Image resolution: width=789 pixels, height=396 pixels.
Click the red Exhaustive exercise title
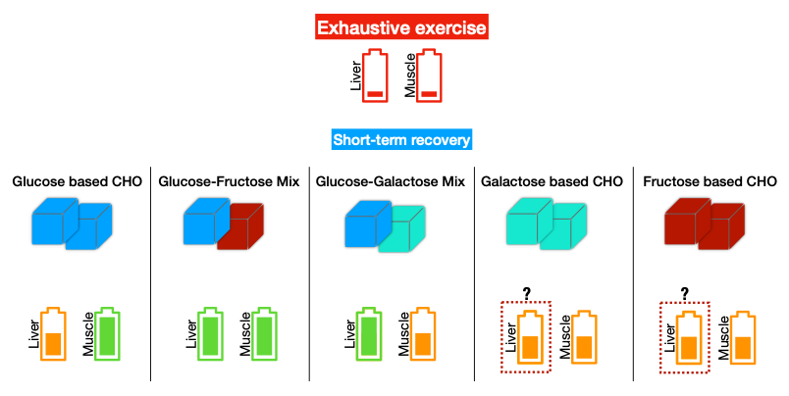pos(401,27)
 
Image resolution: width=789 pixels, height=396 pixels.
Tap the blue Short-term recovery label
pos(401,139)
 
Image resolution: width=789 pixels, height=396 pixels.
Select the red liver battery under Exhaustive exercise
pos(376,76)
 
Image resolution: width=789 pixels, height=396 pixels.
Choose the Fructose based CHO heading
pos(709,181)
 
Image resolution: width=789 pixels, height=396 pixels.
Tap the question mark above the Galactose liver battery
pos(526,293)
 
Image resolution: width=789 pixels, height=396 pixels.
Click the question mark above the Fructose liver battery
pos(684,293)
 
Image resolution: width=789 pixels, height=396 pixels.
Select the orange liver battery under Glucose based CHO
pos(53,335)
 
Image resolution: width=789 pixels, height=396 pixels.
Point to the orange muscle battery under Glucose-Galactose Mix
pos(423,335)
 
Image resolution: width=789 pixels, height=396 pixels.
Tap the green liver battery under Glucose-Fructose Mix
pos(210,335)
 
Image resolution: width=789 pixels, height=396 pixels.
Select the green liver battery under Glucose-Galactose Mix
pos(370,335)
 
